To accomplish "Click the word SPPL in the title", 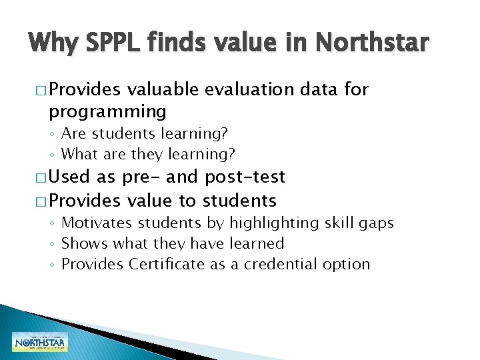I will [99, 43].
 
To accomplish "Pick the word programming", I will [107, 111].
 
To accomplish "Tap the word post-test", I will [245, 177].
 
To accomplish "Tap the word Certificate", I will [167, 264].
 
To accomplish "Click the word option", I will [345, 265].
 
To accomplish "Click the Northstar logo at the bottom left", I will [40, 342].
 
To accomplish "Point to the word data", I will [319, 89].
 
